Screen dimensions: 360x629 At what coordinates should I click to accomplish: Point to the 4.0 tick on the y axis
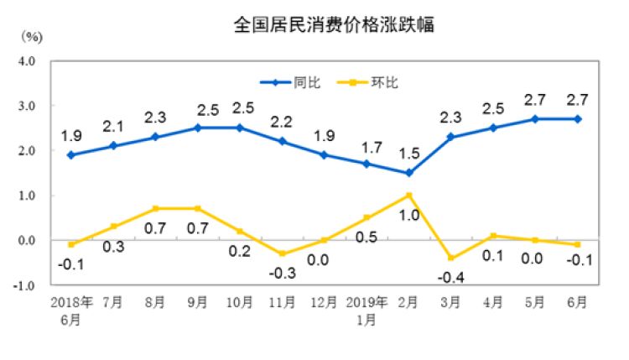coord(24,62)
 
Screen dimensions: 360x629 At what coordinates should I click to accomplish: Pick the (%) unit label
coord(32,36)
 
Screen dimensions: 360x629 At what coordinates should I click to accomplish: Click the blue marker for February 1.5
coord(408,173)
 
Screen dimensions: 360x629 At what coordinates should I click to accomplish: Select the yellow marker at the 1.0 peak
coord(408,196)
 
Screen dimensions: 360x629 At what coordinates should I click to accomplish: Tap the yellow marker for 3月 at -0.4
coord(451,258)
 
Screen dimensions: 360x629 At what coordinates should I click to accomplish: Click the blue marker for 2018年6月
coord(70,155)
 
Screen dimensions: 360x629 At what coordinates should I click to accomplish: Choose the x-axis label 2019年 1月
coord(366,308)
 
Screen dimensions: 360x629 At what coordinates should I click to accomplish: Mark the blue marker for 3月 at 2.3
coord(451,137)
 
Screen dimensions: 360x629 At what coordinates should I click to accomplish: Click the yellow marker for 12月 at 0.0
coord(323,240)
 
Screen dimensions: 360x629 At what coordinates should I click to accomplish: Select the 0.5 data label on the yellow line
coord(366,238)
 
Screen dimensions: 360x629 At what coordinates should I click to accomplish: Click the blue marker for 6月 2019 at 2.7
coord(579,119)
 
